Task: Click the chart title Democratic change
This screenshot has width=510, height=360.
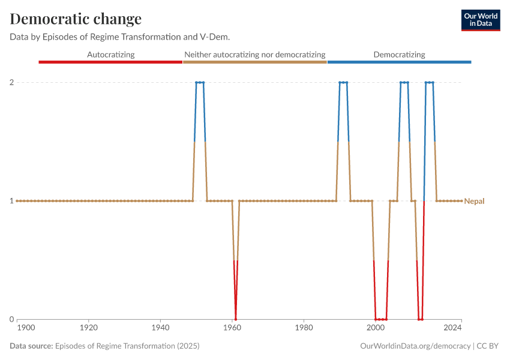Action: pyautogui.click(x=76, y=19)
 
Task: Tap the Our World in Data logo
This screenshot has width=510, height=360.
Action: pyautogui.click(x=480, y=20)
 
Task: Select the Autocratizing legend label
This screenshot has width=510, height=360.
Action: pyautogui.click(x=111, y=55)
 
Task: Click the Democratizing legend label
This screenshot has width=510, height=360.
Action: pyautogui.click(x=399, y=55)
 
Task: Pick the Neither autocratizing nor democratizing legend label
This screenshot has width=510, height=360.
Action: pyautogui.click(x=255, y=55)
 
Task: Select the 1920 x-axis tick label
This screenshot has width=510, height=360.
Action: pyautogui.click(x=89, y=328)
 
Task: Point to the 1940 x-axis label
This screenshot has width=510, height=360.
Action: pyautogui.click(x=160, y=328)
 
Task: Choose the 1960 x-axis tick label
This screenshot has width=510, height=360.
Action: pyautogui.click(x=232, y=328)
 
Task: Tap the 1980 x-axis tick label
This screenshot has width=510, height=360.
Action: pyautogui.click(x=304, y=328)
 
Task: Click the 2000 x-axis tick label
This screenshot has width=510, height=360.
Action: pyautogui.click(x=376, y=328)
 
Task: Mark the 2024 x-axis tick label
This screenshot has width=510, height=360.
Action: pyautogui.click(x=453, y=328)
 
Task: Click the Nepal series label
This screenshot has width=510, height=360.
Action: pyautogui.click(x=474, y=201)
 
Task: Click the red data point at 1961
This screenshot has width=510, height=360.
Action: pyautogui.click(x=236, y=319)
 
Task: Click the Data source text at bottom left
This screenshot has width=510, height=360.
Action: pyautogui.click(x=104, y=346)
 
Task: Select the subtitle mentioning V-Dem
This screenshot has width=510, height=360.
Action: pyautogui.click(x=120, y=37)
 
